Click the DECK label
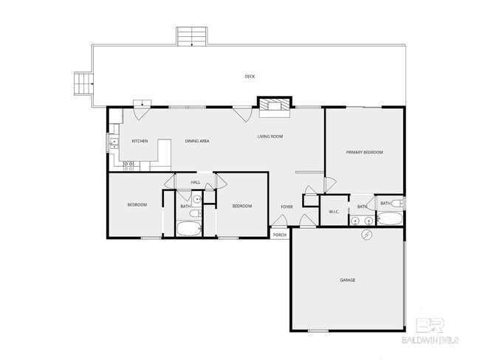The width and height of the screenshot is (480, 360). pos(250,76)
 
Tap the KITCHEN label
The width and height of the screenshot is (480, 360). pos(140,140)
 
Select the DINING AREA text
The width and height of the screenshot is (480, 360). pos(197,140)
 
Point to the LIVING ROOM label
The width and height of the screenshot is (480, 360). pos(270,136)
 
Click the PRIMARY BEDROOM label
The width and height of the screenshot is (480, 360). pos(365,152)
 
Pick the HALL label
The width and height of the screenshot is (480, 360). pos(196,182)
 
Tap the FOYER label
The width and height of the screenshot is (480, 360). pos(287,207)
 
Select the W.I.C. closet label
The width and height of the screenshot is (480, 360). pos(334,212)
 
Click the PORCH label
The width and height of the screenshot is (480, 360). pos(280,235)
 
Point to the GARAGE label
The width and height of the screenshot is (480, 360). pos(348,280)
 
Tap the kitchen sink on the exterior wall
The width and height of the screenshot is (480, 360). pos(113,143)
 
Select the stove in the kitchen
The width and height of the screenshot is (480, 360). pos(128,166)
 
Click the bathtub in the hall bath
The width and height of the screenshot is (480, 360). pos(189,229)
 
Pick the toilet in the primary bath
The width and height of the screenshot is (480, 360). pos(397,203)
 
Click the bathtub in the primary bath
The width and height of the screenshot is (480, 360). pos(390,219)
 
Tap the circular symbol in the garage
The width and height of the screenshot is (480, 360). pos(367,235)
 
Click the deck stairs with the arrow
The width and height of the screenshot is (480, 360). pos(192,36)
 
